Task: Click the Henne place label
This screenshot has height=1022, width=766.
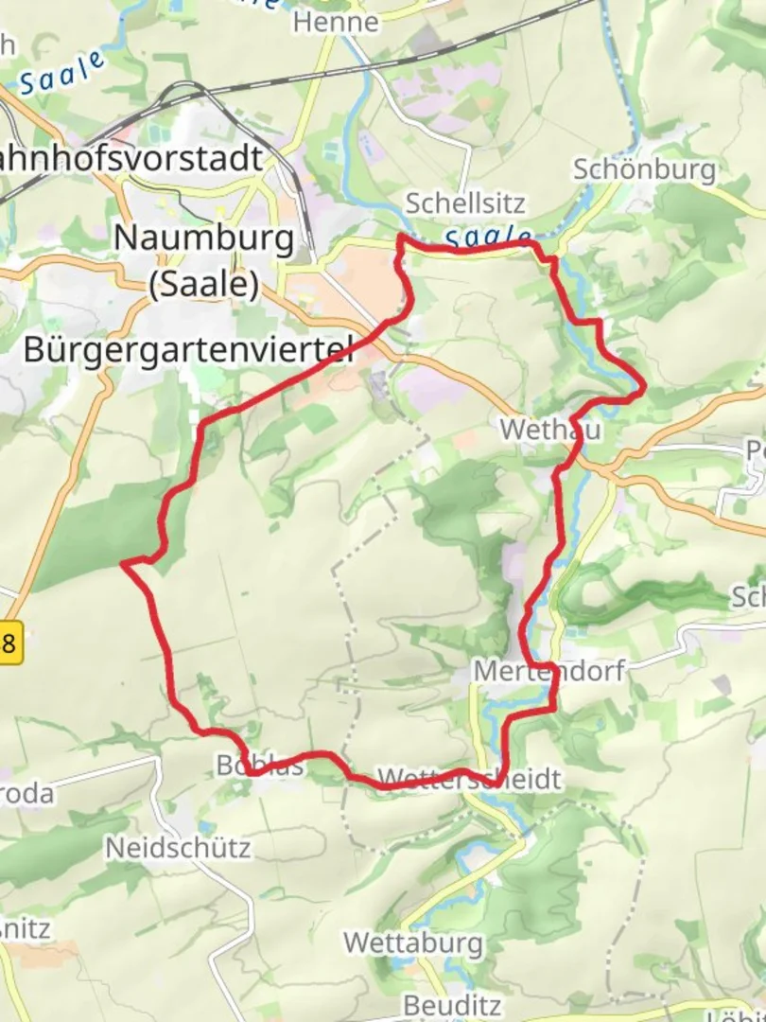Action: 336,22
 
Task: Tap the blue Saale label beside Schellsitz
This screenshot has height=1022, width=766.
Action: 486,237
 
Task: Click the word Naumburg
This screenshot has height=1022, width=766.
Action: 203,238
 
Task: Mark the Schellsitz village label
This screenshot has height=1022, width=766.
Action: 464,203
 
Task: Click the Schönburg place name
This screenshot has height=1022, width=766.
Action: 644,169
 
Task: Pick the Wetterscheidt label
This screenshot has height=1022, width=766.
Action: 469,779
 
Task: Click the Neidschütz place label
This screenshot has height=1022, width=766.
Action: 178,847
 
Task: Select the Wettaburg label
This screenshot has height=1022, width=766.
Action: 413,943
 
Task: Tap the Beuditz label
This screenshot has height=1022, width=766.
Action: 450,1004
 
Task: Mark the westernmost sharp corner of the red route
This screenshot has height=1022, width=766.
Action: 123,564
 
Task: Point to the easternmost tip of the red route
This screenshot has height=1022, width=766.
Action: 645,386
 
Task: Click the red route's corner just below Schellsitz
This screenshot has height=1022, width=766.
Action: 400,237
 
